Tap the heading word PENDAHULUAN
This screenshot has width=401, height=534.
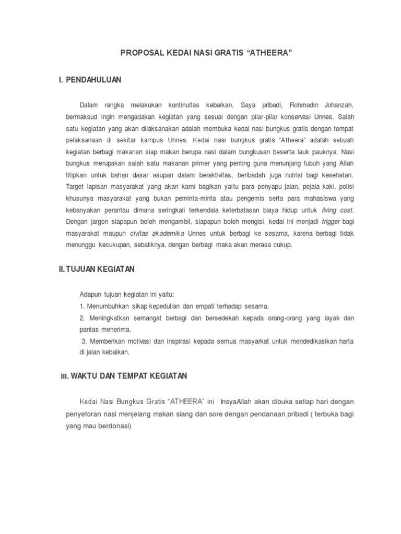coord(93,80)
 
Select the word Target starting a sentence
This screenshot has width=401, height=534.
coord(77,187)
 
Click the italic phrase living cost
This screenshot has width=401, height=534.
coord(338,210)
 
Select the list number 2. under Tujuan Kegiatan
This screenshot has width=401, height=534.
coord(82,318)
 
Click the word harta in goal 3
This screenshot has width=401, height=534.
coord(345,341)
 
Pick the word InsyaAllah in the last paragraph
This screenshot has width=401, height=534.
coord(239,402)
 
